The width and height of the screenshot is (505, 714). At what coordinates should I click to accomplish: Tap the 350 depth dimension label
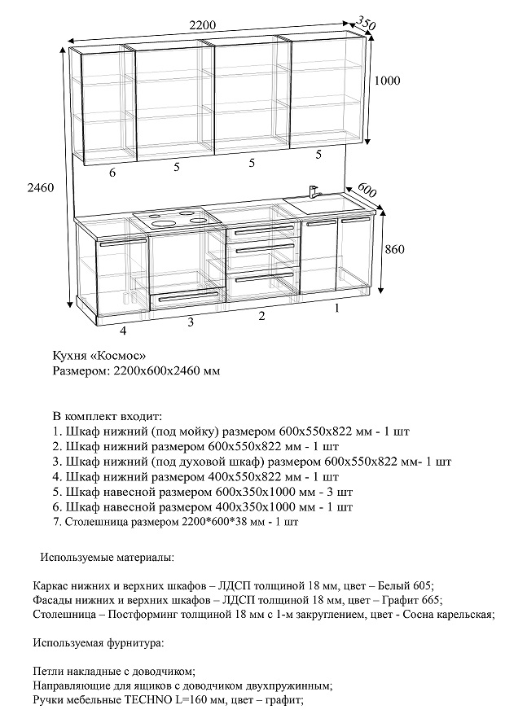367,25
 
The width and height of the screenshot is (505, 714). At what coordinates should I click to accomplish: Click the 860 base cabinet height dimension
393,249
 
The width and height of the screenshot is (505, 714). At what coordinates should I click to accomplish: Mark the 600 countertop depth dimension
367,191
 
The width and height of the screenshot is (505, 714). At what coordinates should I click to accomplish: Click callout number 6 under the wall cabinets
112,172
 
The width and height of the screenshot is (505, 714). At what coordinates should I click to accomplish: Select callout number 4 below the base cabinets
123,331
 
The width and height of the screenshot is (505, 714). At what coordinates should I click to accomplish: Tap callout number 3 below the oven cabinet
191,322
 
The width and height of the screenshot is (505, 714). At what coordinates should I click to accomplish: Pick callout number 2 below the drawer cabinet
261,316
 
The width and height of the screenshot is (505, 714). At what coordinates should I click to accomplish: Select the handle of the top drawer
262,232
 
